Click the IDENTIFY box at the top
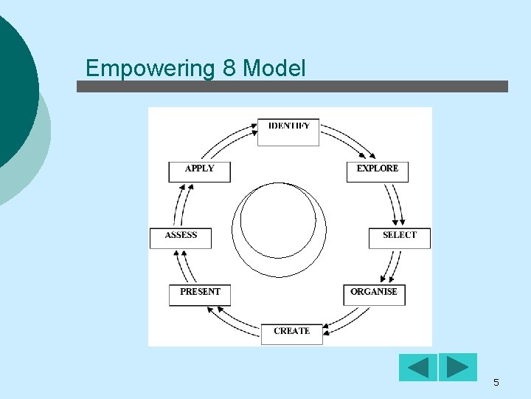point(288,132)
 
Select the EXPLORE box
point(378,171)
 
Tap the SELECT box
point(399,238)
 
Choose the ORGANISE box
point(374,294)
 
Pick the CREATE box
point(291,333)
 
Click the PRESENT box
point(200,294)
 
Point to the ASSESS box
point(181,238)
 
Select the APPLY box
point(200,171)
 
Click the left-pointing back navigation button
point(418,367)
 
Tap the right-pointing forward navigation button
point(458,367)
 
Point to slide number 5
point(496,383)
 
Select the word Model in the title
point(274,69)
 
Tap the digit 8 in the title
point(228,69)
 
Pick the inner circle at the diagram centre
point(279,219)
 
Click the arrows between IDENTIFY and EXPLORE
point(343,140)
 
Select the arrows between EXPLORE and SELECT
point(395,203)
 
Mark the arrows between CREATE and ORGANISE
point(347,318)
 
